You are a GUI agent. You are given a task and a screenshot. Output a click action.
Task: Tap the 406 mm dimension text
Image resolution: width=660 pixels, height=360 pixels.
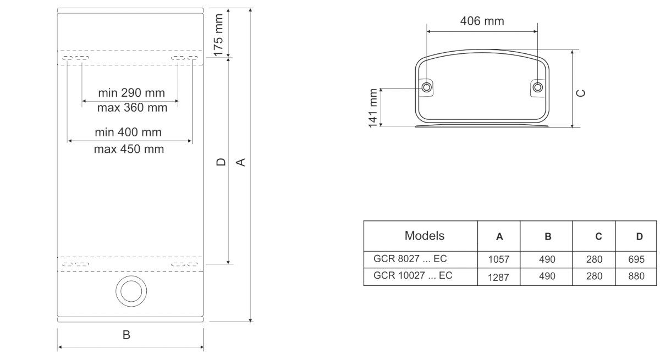482,21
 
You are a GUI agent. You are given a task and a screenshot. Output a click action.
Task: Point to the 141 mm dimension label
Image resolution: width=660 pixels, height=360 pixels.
373,107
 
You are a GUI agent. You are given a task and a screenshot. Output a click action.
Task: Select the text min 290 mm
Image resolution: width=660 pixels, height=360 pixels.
131,92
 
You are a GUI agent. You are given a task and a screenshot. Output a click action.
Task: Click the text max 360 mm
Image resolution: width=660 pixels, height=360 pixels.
132,107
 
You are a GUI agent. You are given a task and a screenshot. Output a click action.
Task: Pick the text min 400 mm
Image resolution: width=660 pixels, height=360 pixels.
128,132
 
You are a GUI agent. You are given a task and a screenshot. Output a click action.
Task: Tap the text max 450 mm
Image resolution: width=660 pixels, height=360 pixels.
129,149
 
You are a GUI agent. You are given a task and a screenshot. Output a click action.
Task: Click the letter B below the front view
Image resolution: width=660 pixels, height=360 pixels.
126,334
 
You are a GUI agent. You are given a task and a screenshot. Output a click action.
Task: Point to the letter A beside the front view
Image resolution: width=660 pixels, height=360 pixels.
240,162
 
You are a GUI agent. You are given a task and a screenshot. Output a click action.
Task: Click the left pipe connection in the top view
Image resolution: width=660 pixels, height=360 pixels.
427,88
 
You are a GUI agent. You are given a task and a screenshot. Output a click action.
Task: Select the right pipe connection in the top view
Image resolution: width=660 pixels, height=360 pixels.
538,88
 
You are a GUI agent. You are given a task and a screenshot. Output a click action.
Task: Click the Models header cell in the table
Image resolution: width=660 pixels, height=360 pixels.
424,236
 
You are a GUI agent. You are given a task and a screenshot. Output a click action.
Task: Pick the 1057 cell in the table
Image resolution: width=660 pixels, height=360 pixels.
499,259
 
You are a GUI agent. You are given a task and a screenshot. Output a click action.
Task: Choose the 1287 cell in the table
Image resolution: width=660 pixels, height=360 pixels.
499,276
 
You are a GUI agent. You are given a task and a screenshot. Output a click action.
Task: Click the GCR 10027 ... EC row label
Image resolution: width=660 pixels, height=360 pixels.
413,276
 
